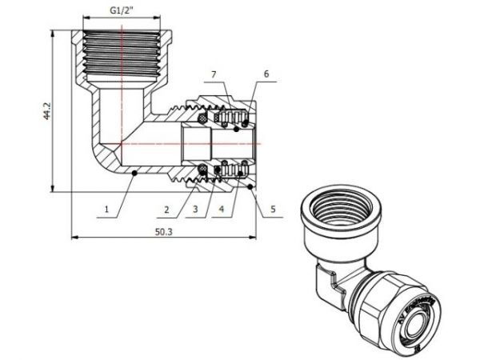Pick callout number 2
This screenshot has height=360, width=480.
coord(166,211)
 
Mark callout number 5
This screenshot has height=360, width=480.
coord(272,211)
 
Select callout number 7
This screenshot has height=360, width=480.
coord(214,74)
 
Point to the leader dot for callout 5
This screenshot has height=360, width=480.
coord(250,187)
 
